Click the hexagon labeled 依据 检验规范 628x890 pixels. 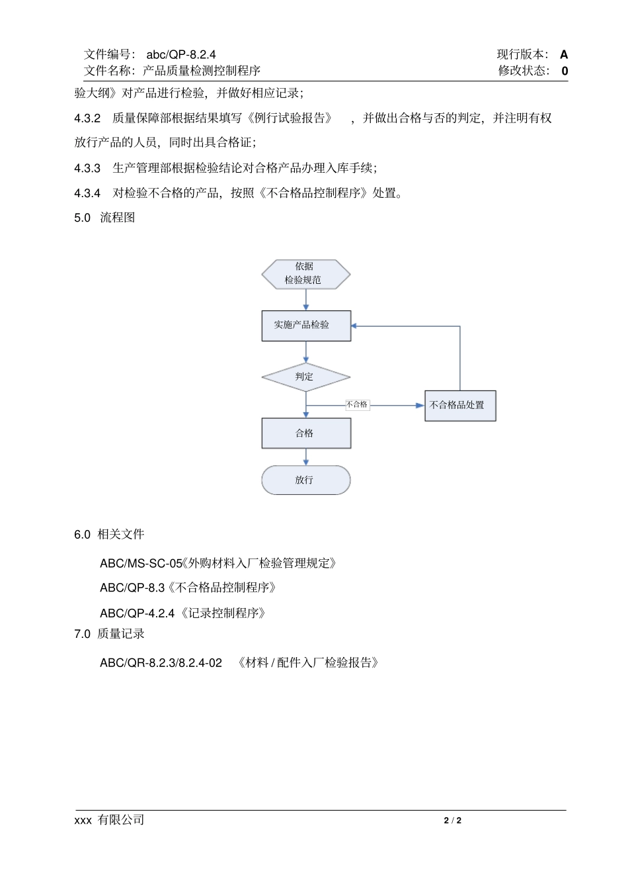tap(305, 274)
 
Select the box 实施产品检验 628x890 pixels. tap(305, 326)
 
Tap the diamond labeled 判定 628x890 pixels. tap(305, 377)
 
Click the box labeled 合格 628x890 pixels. tap(305, 433)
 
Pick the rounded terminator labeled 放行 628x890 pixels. tap(305, 480)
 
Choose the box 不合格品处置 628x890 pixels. tap(459, 405)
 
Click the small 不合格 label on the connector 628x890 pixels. tap(357, 404)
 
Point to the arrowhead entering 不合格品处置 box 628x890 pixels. tap(420, 405)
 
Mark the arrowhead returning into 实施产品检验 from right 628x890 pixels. tap(354, 326)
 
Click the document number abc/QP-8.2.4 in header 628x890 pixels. tap(181, 54)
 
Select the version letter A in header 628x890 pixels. tap(563, 54)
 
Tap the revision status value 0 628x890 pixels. tap(565, 71)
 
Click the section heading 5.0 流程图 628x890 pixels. tap(104, 218)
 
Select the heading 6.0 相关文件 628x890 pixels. tap(109, 534)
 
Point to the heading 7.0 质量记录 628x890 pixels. tap(109, 634)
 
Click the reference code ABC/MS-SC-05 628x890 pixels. tap(141, 563)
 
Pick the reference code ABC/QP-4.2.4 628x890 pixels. tap(137, 613)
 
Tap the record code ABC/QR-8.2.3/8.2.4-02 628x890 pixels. tap(161, 662)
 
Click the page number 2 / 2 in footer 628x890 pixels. tap(452, 821)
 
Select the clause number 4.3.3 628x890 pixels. tap(87, 168)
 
